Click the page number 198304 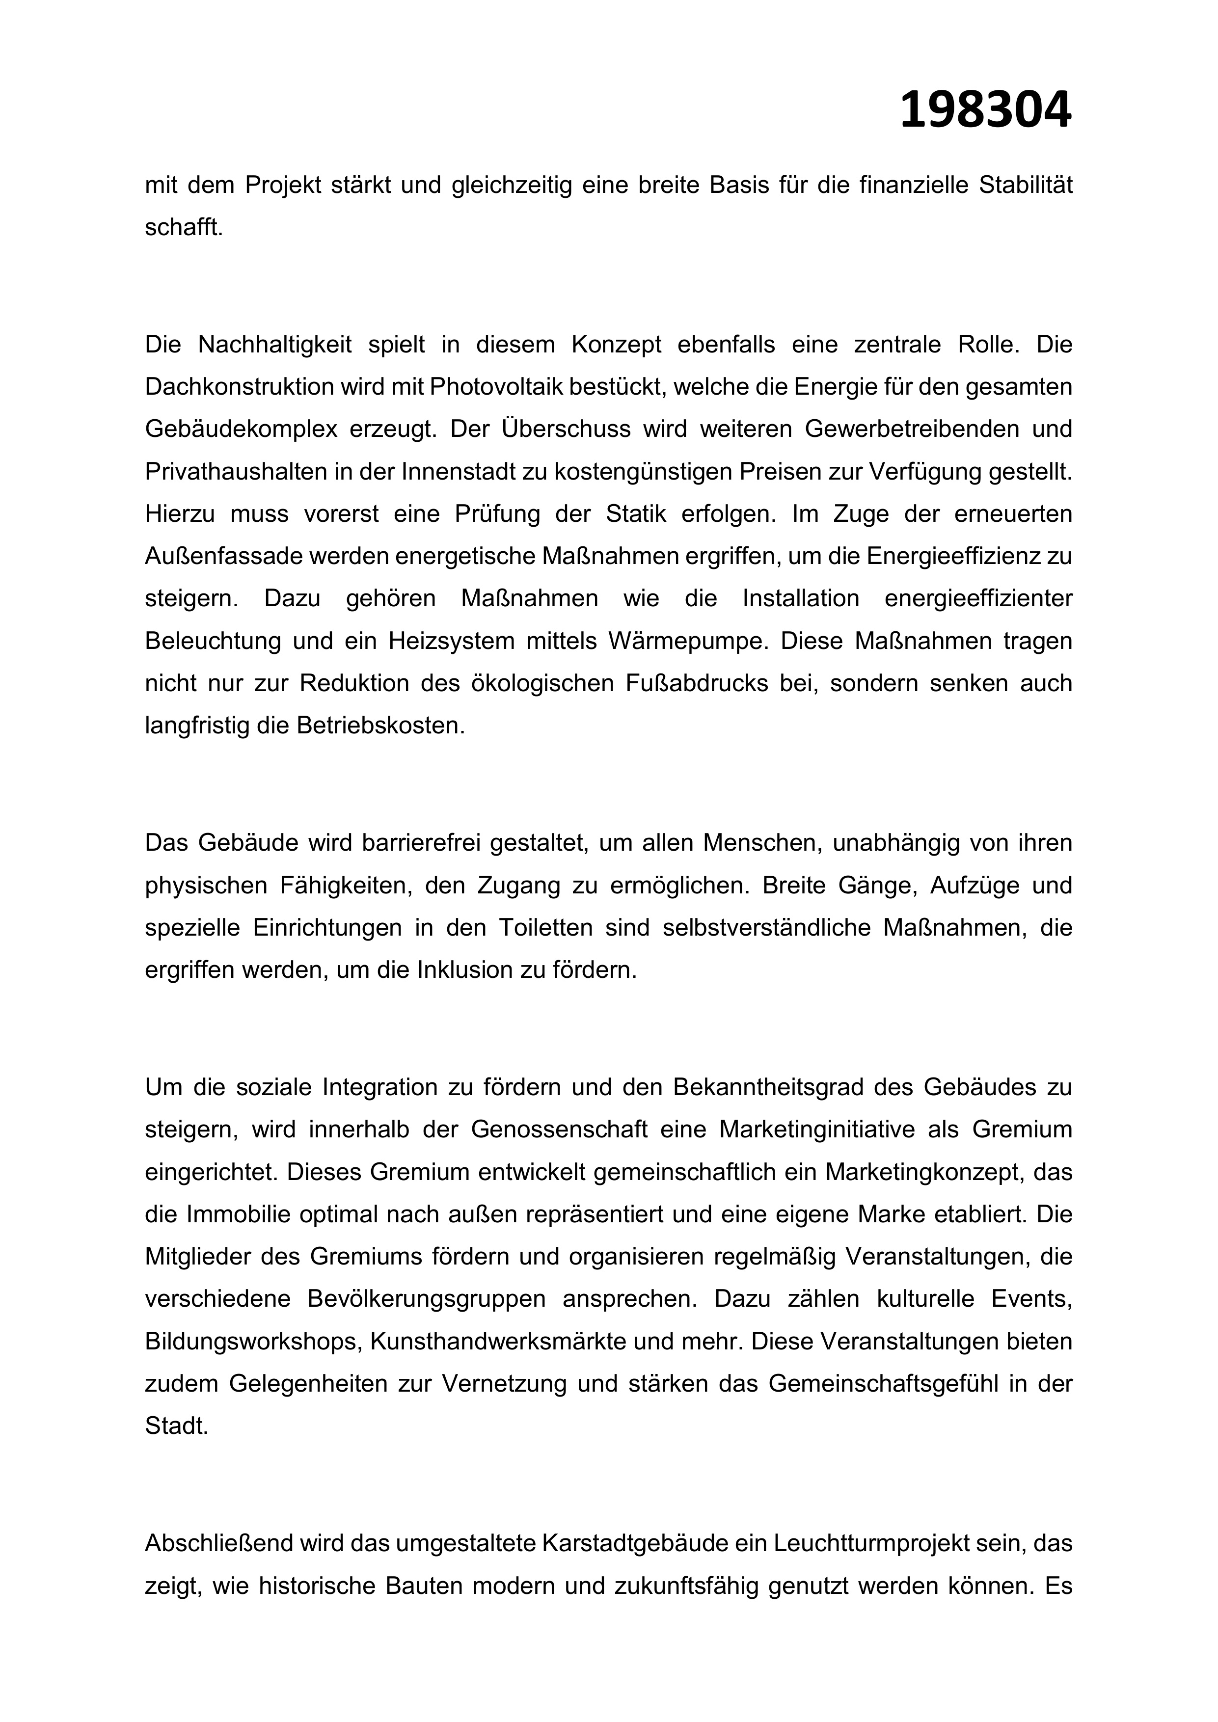985,111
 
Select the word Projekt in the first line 283,185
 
